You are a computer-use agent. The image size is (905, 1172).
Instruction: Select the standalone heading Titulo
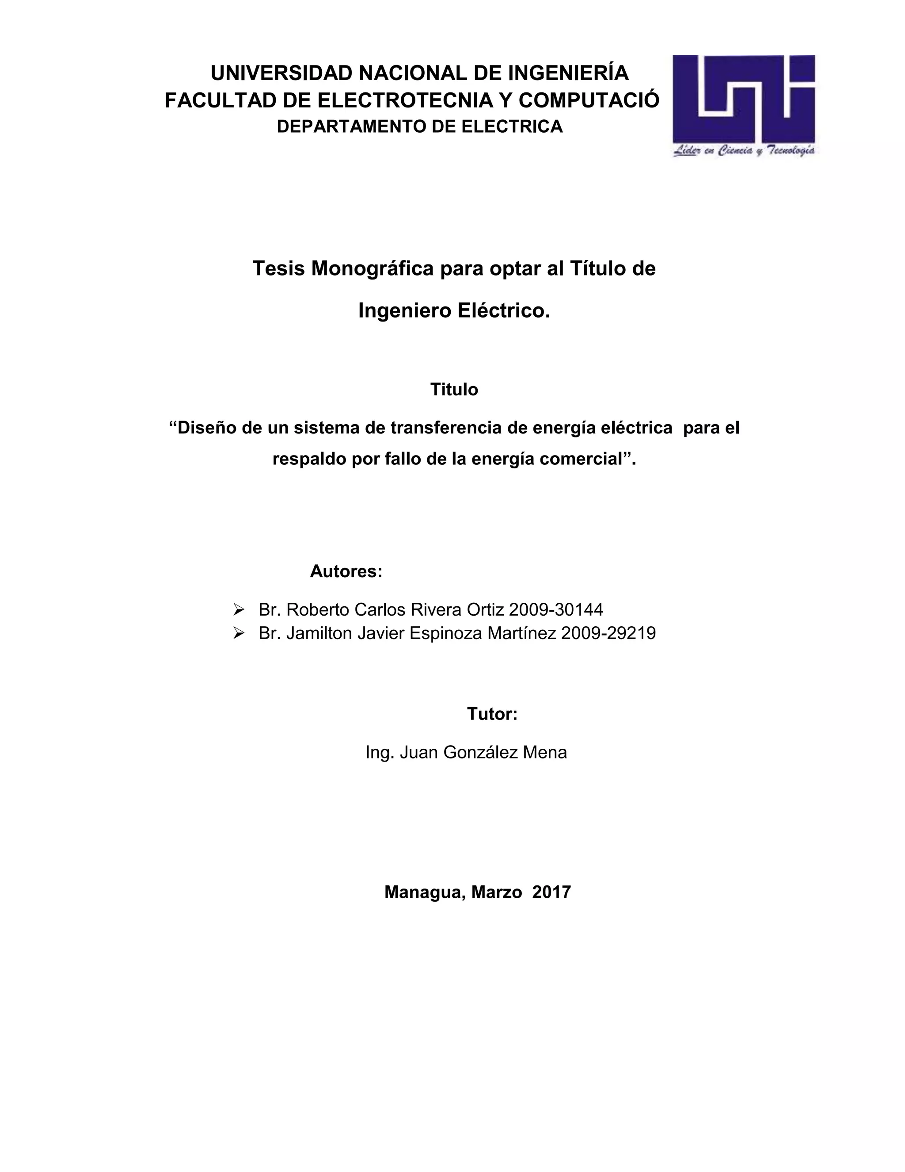[453, 389]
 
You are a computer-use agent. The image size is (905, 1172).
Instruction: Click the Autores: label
[346, 571]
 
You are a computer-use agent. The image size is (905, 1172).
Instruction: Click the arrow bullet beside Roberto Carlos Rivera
[239, 609]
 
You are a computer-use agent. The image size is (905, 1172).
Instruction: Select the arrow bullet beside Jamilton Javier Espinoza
[239, 634]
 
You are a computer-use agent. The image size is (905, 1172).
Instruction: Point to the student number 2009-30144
[556, 609]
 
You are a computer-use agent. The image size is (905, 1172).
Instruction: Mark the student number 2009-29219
[608, 634]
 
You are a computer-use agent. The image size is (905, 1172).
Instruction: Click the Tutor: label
[492, 714]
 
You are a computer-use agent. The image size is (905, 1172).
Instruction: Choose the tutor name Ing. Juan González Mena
[466, 752]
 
